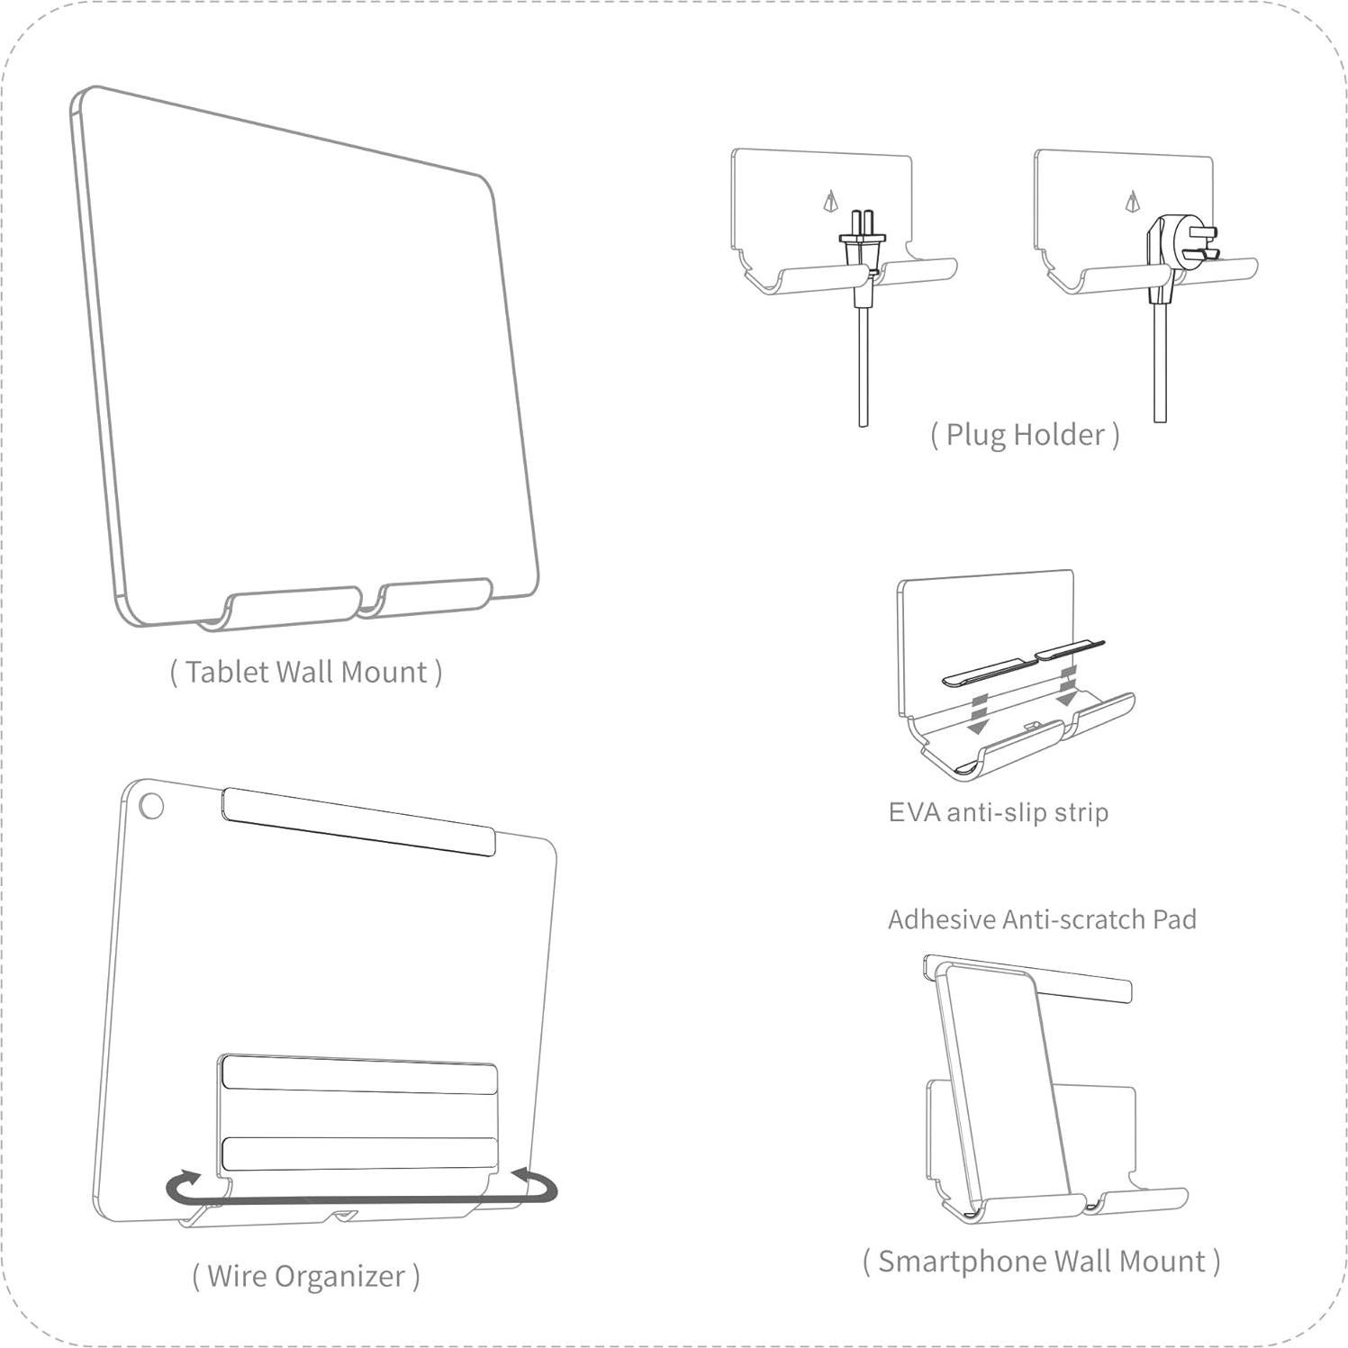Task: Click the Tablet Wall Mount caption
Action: point(306,673)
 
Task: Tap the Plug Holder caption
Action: point(1025,435)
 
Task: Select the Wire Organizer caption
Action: point(306,1276)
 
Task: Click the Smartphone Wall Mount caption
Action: point(1041,1262)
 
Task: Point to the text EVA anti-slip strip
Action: point(998,812)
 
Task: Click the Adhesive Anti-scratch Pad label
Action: point(1042,919)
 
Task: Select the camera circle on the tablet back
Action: point(151,805)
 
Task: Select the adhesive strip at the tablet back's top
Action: point(358,821)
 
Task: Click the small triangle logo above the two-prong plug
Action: point(830,201)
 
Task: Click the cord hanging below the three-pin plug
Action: point(1160,369)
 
